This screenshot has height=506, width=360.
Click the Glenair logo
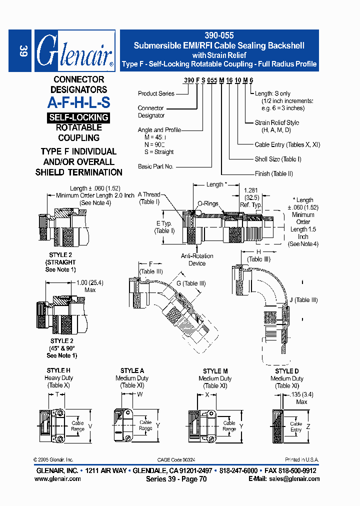pyautogui.click(x=74, y=51)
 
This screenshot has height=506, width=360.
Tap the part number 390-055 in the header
pyautogui.click(x=219, y=36)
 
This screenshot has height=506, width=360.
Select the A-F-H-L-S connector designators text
pyautogui.click(x=78, y=102)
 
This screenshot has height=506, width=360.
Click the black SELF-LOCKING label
pyautogui.click(x=78, y=117)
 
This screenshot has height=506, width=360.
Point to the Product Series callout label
pyautogui.click(x=156, y=93)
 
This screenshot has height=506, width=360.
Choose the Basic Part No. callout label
pyautogui.click(x=155, y=166)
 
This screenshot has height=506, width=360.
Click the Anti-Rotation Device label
pyautogui.click(x=197, y=259)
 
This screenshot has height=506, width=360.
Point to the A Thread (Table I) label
pyautogui.click(x=149, y=198)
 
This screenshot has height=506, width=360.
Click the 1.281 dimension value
pyautogui.click(x=251, y=190)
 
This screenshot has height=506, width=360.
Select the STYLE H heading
pyautogui.click(x=58, y=370)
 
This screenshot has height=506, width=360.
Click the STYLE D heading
pyautogui.click(x=287, y=371)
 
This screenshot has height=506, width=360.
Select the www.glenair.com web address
pyautogui.click(x=57, y=478)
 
